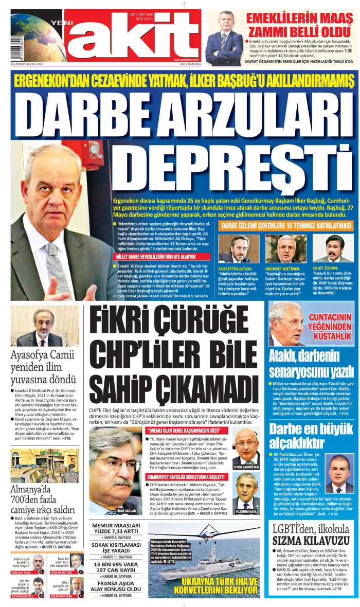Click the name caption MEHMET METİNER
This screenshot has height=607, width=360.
pyautogui.click(x=281, y=269)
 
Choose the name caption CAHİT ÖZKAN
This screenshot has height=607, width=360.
pyautogui.click(x=327, y=268)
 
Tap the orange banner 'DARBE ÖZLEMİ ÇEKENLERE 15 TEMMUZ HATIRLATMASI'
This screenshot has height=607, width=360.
pyautogui.click(x=287, y=226)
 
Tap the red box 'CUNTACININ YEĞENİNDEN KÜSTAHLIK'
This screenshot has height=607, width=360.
pyautogui.click(x=330, y=329)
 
